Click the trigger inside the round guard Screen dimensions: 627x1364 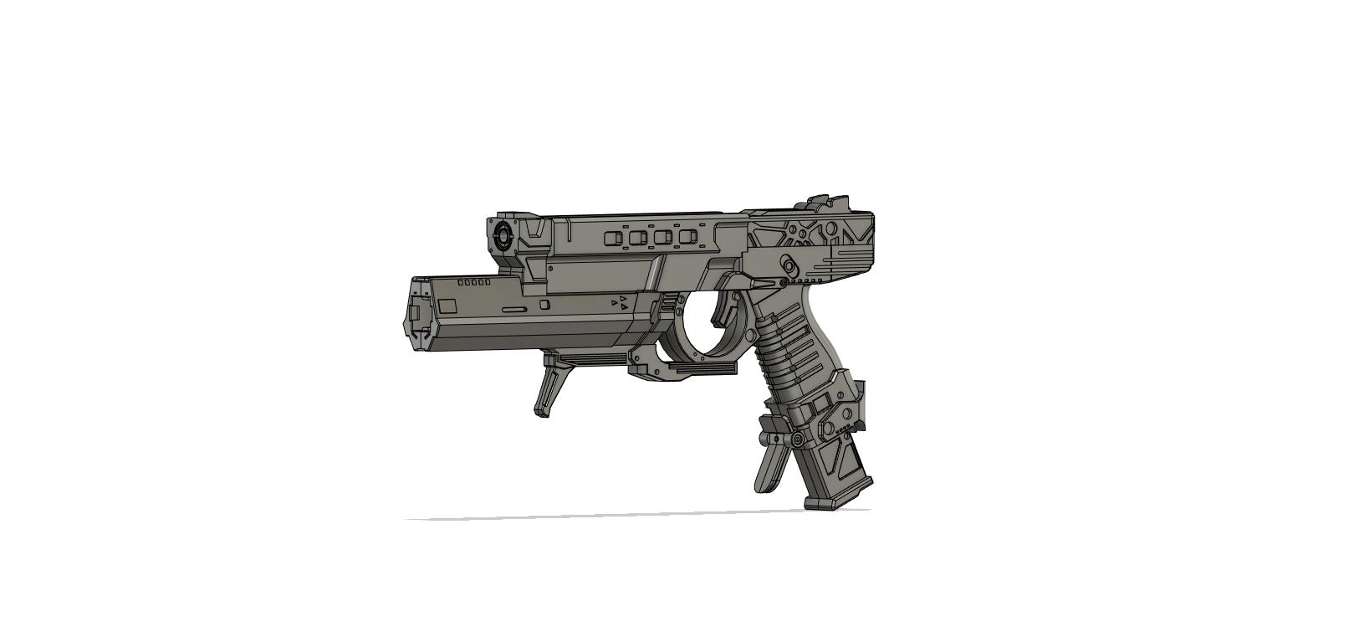click(724, 311)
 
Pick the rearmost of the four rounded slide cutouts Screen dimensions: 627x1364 click(687, 238)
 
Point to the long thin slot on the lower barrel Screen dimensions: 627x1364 click(513, 309)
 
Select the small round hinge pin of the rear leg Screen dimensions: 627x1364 click(799, 439)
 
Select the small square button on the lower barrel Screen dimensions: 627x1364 click(544, 305)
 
